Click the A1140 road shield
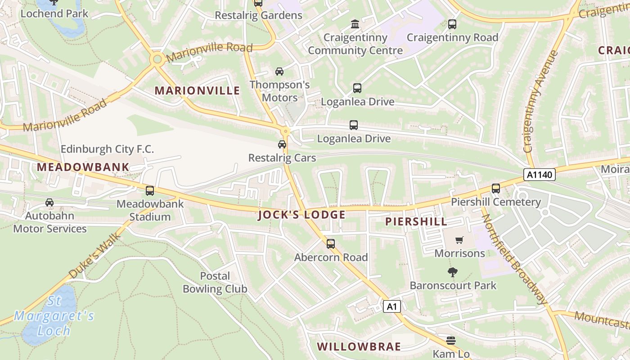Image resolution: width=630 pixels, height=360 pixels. point(540,175)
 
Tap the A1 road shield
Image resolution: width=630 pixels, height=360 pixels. point(391,307)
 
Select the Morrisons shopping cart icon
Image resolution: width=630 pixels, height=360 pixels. point(459,240)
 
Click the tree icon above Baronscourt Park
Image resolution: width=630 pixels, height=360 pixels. point(453,272)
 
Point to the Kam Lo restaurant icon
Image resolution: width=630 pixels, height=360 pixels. point(451,341)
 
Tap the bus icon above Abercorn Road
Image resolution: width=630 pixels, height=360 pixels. point(331,244)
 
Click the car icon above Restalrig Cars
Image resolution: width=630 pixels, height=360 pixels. point(282,144)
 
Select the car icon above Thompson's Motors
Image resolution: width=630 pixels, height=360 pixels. point(279,72)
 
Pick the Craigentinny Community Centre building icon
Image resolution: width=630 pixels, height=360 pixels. point(355,24)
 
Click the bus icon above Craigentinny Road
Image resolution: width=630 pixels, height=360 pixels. point(452,24)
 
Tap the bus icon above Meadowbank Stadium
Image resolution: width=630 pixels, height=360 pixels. point(150,191)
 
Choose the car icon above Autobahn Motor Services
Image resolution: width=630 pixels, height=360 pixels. point(49,202)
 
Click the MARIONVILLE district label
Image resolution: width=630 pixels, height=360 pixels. point(197,90)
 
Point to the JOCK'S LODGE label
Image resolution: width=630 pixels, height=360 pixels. point(301,215)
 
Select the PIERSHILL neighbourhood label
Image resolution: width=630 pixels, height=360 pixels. point(416,221)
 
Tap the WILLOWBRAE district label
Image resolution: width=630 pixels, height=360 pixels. point(359,346)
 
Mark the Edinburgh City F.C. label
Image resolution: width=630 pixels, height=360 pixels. point(107,149)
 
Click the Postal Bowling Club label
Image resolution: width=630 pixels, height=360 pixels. point(215,283)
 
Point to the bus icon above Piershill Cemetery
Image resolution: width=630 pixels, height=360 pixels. point(496,189)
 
